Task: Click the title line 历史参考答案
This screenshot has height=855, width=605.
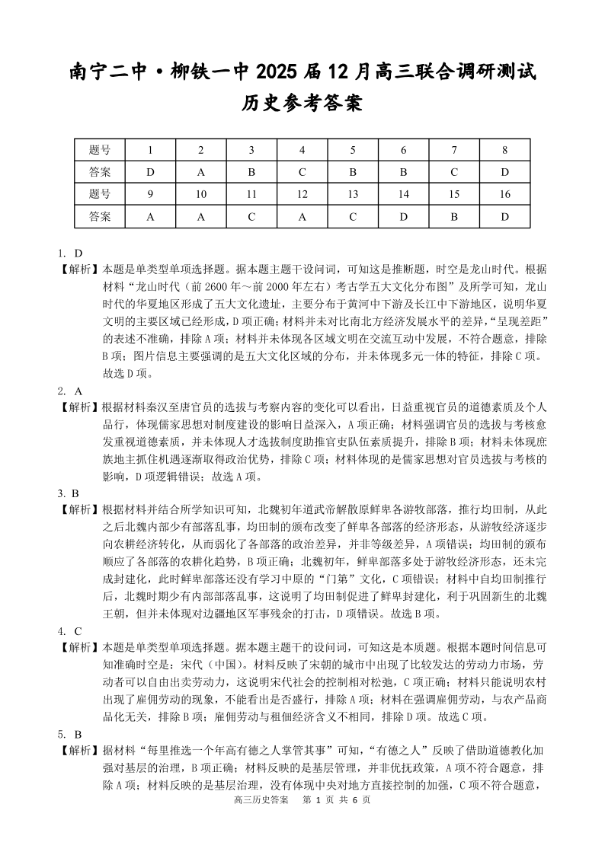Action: (302, 102)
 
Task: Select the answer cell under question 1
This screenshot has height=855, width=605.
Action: (150, 172)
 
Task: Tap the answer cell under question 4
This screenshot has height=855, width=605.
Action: (302, 172)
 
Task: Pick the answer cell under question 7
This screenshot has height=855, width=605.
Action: (454, 172)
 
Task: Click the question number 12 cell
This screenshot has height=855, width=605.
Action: (302, 194)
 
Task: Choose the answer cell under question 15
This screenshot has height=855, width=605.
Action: (454, 216)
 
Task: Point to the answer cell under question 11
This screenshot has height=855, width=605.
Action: (251, 216)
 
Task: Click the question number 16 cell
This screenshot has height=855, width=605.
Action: (504, 194)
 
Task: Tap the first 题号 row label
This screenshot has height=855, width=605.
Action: (100, 150)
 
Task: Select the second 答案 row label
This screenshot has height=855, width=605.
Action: (100, 216)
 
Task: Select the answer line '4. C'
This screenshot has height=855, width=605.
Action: (69, 630)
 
